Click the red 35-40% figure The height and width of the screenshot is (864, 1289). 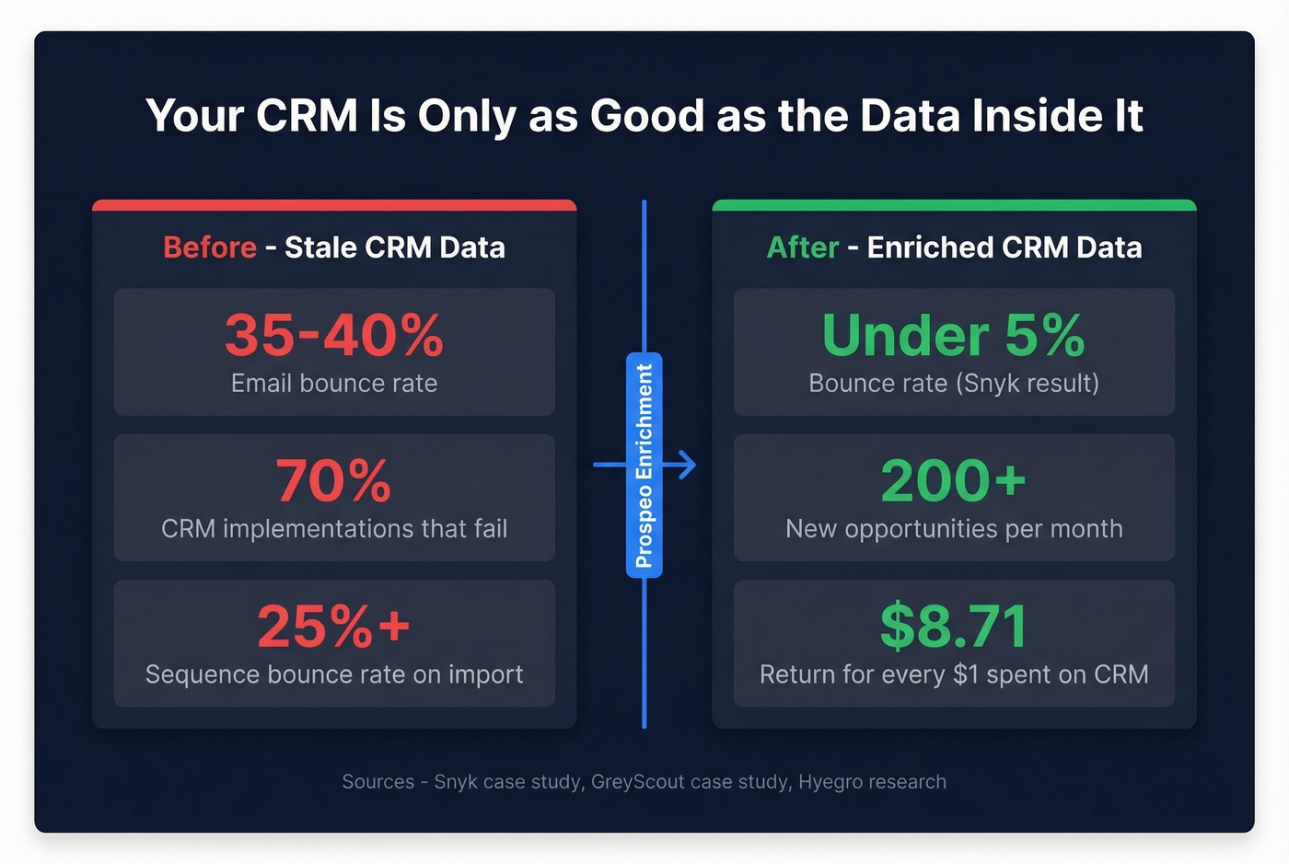point(334,335)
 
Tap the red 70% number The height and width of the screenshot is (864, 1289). point(334,480)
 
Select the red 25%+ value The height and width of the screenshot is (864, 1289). point(334,627)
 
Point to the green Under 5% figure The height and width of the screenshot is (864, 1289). point(954,335)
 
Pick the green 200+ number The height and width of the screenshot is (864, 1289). point(954,480)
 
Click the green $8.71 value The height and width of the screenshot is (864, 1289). point(954,627)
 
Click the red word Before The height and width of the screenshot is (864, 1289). point(210,248)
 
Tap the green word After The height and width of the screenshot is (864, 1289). point(803,248)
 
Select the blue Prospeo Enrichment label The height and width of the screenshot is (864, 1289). point(644,466)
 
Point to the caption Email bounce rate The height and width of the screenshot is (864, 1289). point(334,383)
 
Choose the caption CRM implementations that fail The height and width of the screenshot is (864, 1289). point(334,529)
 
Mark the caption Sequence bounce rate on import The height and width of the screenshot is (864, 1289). point(334,674)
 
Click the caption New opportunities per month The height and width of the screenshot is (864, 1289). point(954,529)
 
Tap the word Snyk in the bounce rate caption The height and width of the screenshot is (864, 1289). point(991,383)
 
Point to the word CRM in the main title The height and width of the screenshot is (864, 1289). point(307,116)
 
